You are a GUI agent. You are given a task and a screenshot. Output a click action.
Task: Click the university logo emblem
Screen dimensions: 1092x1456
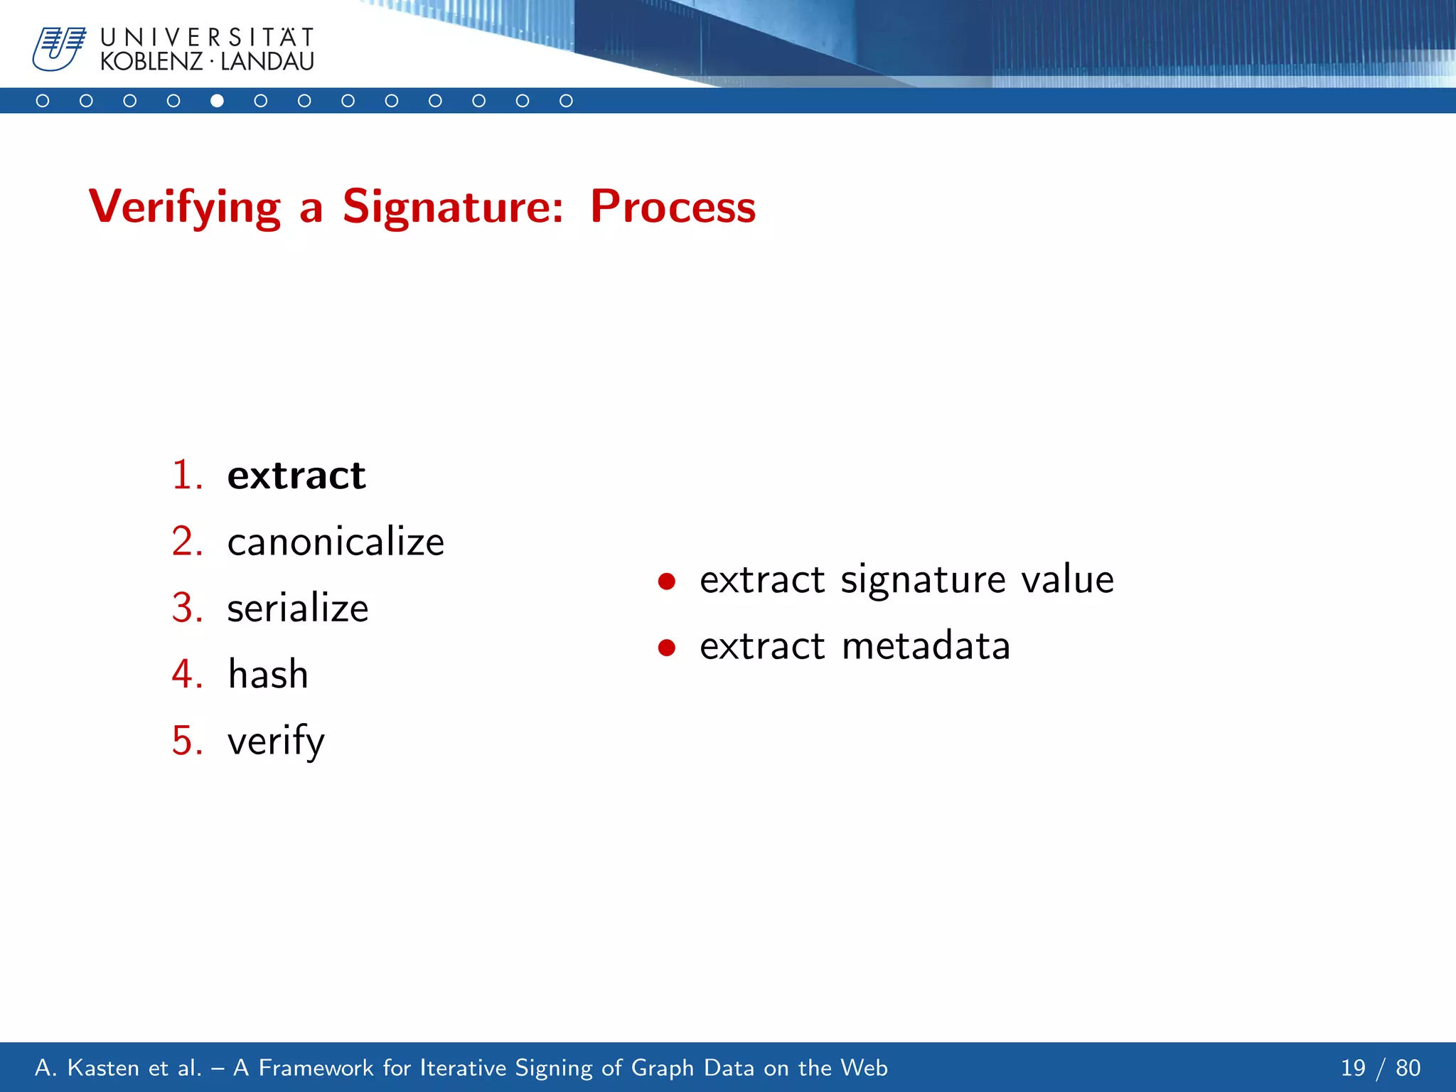pyautogui.click(x=58, y=49)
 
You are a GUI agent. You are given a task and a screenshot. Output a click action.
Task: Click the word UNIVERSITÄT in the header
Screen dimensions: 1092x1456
pyautogui.click(x=207, y=37)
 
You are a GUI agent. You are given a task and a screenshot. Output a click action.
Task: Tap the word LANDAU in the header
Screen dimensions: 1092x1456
pyautogui.click(x=267, y=63)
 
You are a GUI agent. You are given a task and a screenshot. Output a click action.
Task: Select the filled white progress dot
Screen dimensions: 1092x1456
pyautogui.click(x=217, y=101)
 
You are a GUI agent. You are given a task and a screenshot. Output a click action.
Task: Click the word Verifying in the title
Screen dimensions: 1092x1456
pyautogui.click(x=184, y=208)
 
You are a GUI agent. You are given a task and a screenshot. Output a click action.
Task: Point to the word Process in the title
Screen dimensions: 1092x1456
pyautogui.click(x=673, y=208)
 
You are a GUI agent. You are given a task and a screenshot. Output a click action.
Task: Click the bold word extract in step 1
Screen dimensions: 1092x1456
pyautogui.click(x=296, y=476)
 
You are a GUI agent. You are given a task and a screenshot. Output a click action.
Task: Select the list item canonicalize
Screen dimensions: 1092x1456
pyautogui.click(x=336, y=542)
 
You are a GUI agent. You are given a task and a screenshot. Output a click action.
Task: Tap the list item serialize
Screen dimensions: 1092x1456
pyautogui.click(x=298, y=609)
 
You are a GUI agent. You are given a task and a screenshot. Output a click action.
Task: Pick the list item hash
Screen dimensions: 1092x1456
pyautogui.click(x=268, y=674)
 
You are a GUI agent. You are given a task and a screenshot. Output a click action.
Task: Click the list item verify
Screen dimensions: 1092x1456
pyautogui.click(x=276, y=741)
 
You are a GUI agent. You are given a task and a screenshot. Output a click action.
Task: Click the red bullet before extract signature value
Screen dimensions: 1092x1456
pyautogui.click(x=666, y=582)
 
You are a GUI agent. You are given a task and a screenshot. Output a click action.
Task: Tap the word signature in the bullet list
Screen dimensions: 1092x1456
pyautogui.click(x=923, y=580)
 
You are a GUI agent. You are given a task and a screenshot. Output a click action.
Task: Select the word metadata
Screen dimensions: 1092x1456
pyautogui.click(x=926, y=646)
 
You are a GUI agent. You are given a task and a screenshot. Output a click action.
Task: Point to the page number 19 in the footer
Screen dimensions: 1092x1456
pyautogui.click(x=1353, y=1068)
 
